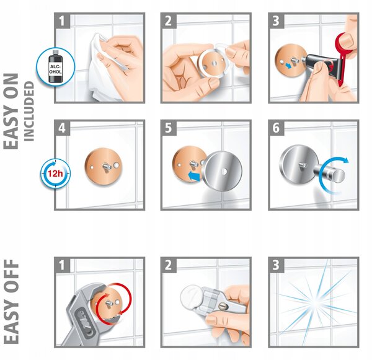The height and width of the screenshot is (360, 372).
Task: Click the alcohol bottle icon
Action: tap(56, 66)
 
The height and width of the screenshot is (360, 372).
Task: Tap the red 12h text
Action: tap(55, 173)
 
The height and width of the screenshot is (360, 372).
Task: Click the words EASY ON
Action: tap(11, 112)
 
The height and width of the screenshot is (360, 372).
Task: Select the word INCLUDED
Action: tap(29, 112)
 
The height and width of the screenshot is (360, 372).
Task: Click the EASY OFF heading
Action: tap(11, 301)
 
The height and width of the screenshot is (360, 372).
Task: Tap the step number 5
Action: tap(168, 128)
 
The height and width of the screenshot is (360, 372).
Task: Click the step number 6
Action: tap(276, 128)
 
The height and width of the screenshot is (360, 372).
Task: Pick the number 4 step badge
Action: tap(62, 128)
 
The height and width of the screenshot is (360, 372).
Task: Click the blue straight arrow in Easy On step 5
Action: tap(194, 176)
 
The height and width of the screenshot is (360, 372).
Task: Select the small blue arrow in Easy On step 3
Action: tap(288, 66)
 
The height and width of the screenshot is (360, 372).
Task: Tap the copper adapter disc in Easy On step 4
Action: tap(104, 166)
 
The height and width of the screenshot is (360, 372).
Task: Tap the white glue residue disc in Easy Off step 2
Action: tap(191, 296)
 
